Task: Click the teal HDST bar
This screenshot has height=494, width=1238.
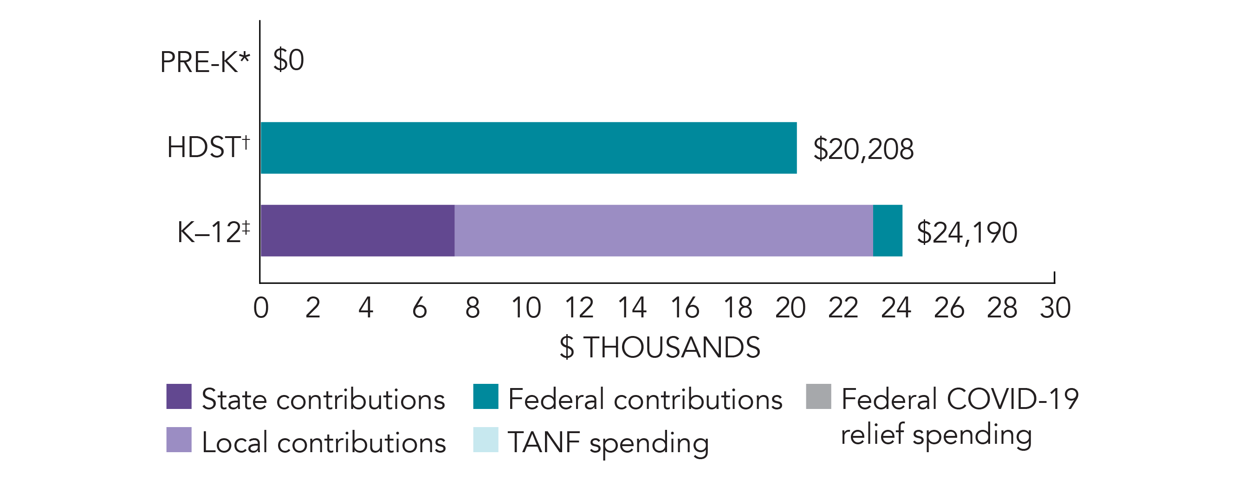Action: point(528,148)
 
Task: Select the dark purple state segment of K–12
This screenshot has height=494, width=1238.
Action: point(357,231)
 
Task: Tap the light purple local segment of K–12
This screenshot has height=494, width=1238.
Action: point(663,231)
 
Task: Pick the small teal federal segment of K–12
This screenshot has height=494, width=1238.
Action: point(887,231)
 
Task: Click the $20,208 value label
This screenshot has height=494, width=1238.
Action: point(863,149)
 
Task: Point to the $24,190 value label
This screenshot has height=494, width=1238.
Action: point(966,233)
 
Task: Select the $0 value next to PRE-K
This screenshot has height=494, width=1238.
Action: point(288,60)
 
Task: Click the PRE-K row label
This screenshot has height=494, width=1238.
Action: point(205,63)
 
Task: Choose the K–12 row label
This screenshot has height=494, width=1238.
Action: point(214,232)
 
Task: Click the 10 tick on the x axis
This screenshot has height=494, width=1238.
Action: point(526,308)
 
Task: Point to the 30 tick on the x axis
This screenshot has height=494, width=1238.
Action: point(1055,308)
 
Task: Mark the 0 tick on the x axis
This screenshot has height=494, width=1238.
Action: point(261,308)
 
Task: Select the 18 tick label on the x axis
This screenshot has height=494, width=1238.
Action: point(738,308)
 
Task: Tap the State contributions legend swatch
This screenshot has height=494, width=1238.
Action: point(179,396)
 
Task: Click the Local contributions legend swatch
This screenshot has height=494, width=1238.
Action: point(179,440)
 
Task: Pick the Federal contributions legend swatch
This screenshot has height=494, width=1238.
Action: point(486,396)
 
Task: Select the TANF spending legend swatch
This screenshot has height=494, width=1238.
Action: point(486,440)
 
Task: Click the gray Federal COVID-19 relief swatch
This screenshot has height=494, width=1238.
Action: point(818,396)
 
